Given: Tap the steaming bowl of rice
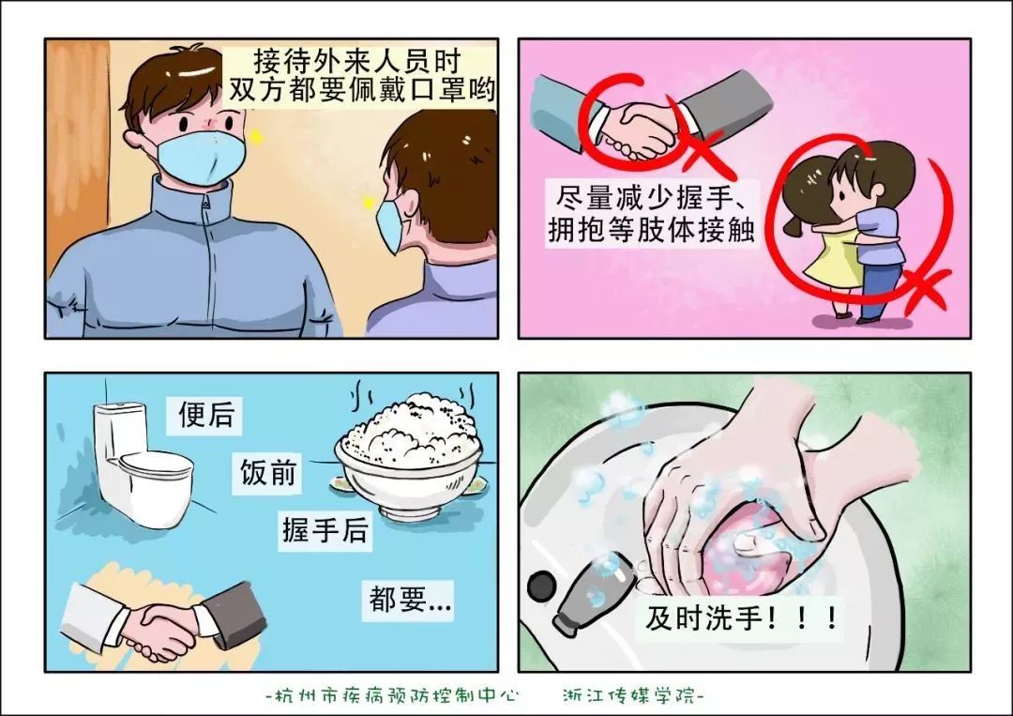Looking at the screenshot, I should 408,455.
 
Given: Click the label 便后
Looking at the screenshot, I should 206,415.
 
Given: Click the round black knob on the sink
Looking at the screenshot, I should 541,587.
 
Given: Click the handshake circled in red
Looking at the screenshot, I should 638,127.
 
